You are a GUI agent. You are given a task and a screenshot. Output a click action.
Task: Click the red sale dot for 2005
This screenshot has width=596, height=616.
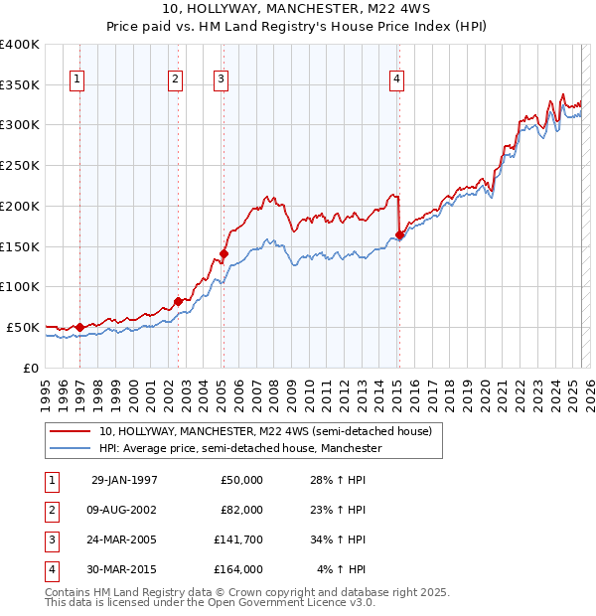[224, 253]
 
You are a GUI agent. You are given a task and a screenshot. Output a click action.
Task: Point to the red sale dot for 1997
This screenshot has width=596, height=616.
[80, 327]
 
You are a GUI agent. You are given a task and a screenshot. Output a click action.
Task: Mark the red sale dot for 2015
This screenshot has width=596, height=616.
[399, 235]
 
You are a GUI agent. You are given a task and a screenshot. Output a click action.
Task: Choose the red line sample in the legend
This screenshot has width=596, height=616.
[71, 432]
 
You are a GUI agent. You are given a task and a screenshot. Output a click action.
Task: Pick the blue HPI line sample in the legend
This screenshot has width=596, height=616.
[71, 449]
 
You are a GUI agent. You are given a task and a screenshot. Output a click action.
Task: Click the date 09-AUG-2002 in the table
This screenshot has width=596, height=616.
[124, 510]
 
